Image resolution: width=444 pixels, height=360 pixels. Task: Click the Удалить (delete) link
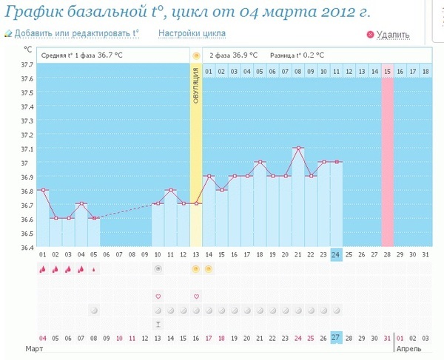pos(392,35)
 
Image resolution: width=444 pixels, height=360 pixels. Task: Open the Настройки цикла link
pos(192,33)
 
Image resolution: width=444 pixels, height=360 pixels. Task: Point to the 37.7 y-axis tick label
pos(26,65)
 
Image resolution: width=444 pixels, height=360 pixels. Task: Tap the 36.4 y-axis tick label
pos(26,247)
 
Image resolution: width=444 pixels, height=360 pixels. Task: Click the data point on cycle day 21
pos(297,148)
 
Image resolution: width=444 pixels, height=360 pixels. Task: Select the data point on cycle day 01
pos(43,190)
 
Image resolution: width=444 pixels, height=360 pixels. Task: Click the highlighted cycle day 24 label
pos(336,255)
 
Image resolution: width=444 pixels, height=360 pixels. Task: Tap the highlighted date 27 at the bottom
pos(336,338)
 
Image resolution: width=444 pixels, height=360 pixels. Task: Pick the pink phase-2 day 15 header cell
pos(387,71)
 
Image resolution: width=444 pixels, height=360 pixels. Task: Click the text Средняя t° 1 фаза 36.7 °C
pos(81,55)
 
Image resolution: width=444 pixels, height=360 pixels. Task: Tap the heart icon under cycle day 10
pos(158,296)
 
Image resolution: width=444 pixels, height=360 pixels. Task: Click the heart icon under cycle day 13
pos(196,296)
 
